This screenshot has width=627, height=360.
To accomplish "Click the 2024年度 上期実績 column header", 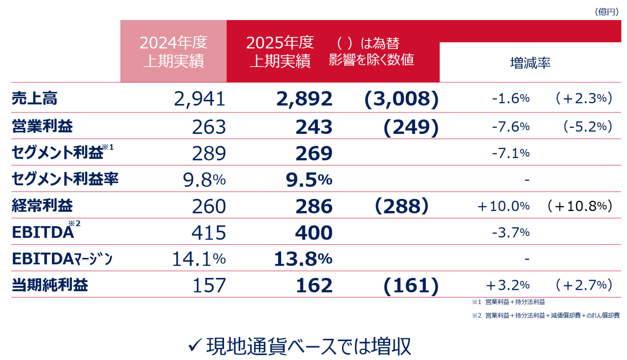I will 173,51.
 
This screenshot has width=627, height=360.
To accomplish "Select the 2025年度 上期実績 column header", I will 280,51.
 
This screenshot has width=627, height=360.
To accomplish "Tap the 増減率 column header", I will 530,63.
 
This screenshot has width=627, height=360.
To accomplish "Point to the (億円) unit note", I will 607,11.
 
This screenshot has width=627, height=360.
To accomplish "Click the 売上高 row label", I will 35,98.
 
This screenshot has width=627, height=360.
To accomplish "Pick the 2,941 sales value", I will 200,99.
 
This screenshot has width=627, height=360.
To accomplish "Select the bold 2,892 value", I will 305,99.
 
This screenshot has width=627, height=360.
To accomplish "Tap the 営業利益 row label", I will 42,126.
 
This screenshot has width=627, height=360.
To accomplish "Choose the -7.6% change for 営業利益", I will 511,127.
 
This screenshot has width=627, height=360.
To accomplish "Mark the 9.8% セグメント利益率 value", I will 204,180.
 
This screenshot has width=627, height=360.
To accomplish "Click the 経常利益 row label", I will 42,205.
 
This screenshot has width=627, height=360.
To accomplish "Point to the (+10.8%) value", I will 580,206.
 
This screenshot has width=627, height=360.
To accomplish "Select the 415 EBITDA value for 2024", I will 209,233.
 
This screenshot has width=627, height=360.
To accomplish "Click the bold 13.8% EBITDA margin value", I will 303,259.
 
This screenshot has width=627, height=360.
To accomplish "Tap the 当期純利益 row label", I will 50,285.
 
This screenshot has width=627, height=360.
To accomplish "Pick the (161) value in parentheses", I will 411,285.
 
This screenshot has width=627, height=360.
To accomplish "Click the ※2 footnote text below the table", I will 546,315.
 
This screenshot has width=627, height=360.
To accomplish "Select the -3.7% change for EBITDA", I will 511,232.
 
